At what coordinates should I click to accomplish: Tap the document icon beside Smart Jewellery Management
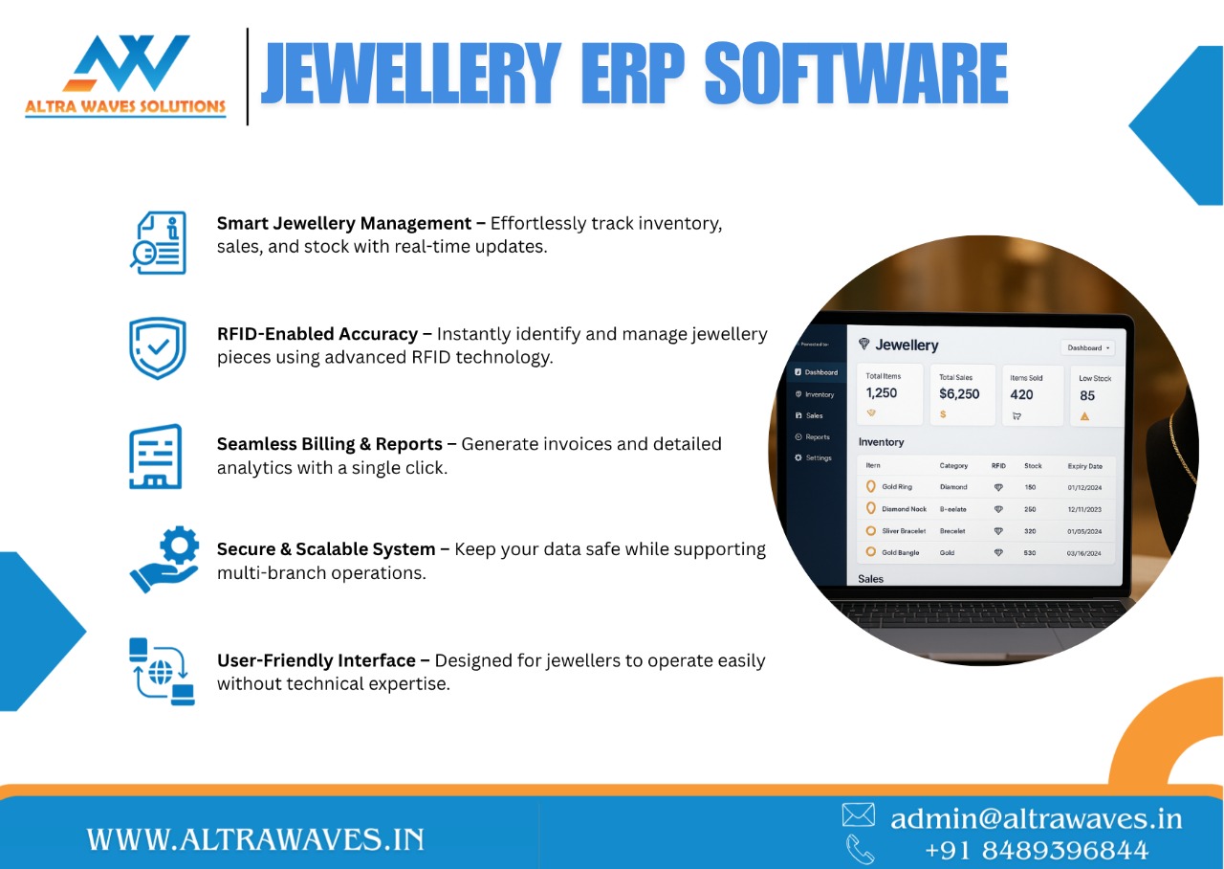[159, 242]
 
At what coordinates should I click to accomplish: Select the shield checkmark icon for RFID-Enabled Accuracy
[158, 348]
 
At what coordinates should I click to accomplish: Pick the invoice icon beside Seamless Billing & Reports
[156, 457]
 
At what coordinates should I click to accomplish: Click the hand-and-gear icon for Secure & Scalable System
[164, 560]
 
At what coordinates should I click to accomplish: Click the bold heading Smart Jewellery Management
[345, 223]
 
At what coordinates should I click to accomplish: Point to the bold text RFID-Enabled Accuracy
[317, 334]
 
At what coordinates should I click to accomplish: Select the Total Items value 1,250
[882, 393]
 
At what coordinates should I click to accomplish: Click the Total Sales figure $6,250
[959, 393]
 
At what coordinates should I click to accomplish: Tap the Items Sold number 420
[1021, 394]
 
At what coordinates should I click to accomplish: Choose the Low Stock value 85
[1087, 395]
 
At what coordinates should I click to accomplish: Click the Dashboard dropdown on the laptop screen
[1089, 348]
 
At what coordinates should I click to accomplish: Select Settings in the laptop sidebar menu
[819, 457]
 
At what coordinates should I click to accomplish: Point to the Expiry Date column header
[1084, 466]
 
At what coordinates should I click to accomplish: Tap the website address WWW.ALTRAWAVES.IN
[255, 840]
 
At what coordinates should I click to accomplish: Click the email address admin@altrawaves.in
[1036, 818]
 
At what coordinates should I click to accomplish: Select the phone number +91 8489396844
[1036, 850]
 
